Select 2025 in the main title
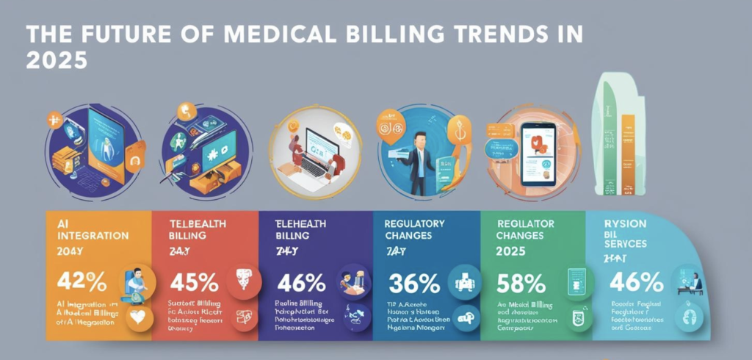click(x=56, y=60)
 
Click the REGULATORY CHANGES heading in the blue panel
click(x=415, y=229)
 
